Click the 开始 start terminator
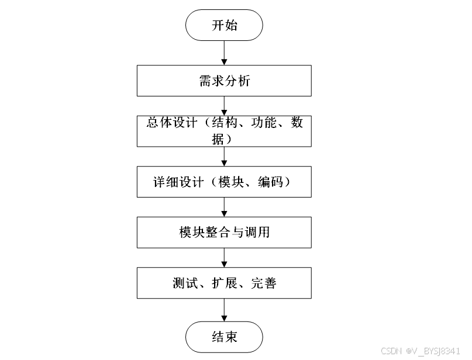point(224,26)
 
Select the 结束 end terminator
point(224,337)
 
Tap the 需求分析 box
point(224,81)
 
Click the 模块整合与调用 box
point(224,232)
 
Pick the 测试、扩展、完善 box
point(224,283)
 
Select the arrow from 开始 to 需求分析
point(224,53)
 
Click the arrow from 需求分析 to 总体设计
point(224,106)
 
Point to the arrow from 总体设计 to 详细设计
point(224,156)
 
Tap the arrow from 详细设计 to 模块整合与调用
point(224,206)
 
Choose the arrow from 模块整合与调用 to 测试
point(224,258)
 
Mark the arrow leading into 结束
point(224,310)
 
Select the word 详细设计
point(170,182)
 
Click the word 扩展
point(224,284)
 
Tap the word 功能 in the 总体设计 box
point(264,123)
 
